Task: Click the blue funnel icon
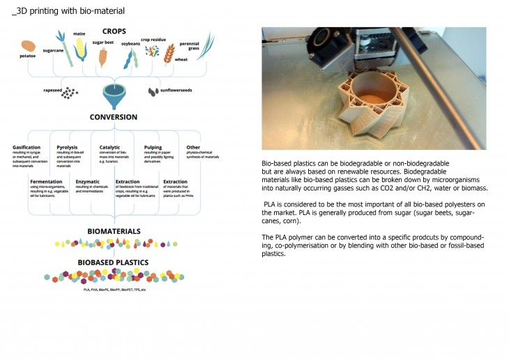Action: point(111,93)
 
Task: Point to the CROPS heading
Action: point(114,31)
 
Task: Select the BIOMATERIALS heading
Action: point(114,230)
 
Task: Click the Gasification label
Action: point(26,147)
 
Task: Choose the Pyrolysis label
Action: point(67,147)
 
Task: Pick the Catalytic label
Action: point(109,147)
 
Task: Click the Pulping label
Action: point(153,147)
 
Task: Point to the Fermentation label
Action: point(46,181)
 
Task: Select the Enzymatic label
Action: point(88,181)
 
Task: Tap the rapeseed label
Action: point(53,90)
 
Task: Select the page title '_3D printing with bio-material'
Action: point(68,11)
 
